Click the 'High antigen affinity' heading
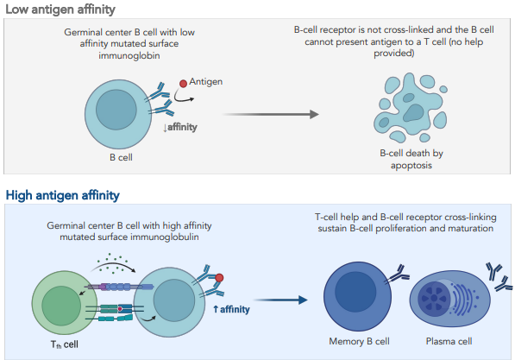coord(62,196)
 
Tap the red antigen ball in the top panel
coord(182,85)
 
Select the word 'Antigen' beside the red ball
coord(206,81)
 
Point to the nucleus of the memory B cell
coord(355,294)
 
